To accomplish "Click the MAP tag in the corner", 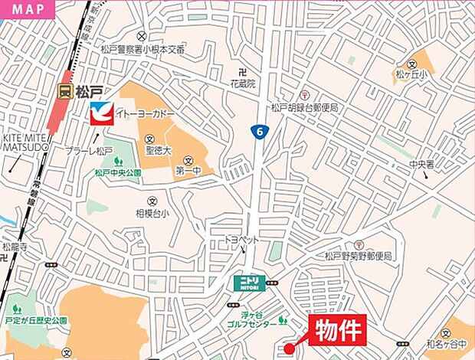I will (x=27, y=10).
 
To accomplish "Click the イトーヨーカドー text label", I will (x=146, y=113).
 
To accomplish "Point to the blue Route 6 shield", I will (x=260, y=133).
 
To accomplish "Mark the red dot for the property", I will (x=288, y=349).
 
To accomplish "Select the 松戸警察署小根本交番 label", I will (x=143, y=49).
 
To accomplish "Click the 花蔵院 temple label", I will (x=242, y=82).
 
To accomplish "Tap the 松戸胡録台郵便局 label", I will (x=304, y=108).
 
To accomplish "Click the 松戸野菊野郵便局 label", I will (x=358, y=256).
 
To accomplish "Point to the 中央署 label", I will (x=421, y=164).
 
